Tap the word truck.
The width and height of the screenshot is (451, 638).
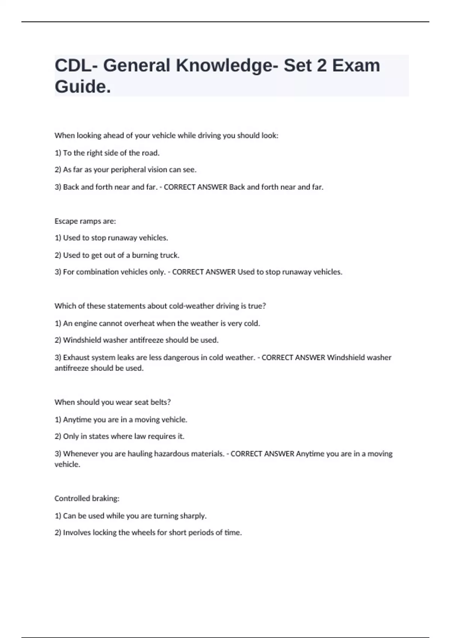[170, 255]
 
